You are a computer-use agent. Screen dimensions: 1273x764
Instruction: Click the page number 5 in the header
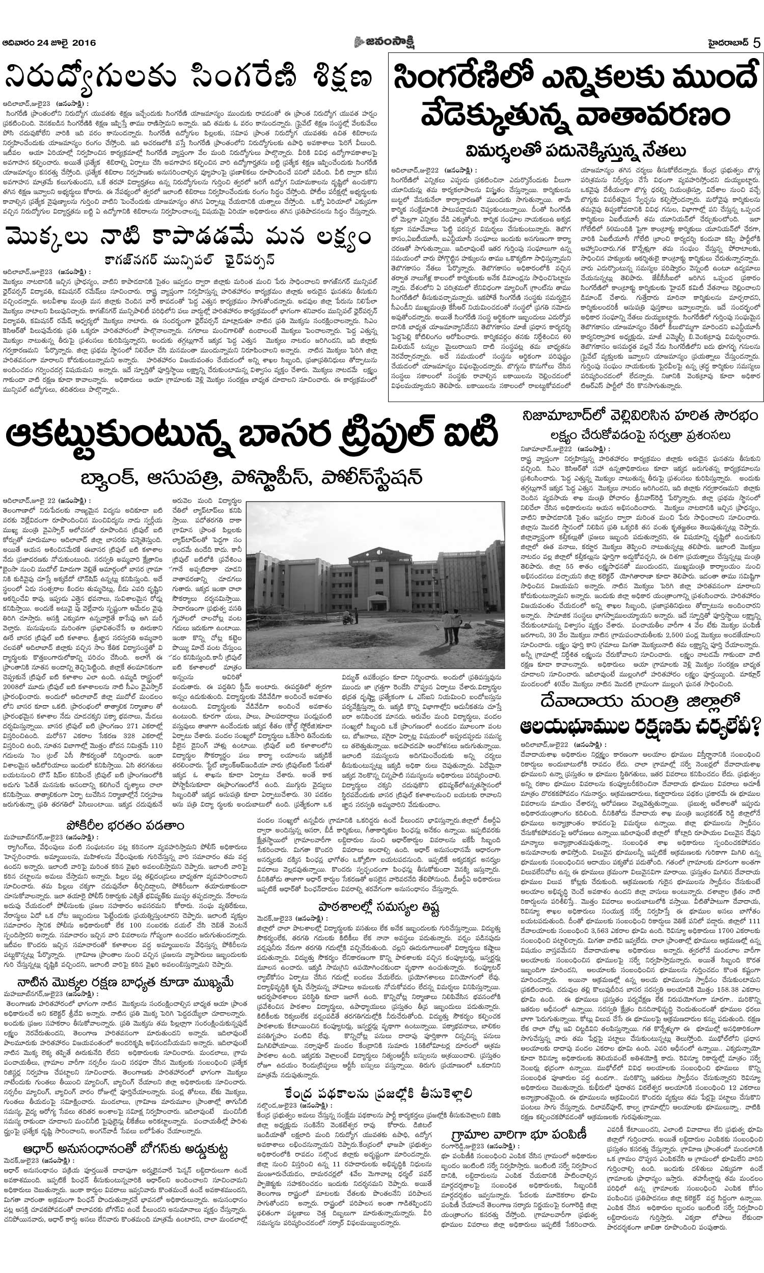click(756, 43)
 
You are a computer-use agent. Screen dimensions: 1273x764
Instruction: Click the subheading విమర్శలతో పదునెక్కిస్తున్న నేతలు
click(576, 151)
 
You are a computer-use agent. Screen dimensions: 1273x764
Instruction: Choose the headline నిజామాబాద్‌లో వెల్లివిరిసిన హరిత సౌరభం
click(639, 415)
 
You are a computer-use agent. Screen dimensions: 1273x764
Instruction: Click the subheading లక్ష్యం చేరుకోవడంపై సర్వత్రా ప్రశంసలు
click(639, 435)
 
